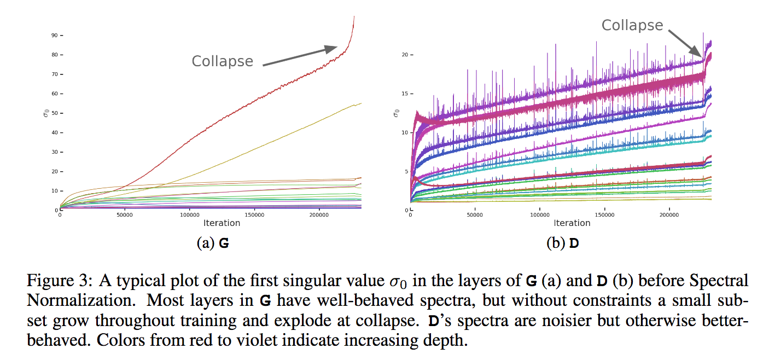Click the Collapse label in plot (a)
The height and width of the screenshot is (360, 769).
[222, 61]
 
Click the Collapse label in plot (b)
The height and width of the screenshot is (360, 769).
[632, 25]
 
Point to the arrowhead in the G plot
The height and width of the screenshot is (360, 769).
[331, 48]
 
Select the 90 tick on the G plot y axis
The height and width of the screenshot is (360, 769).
[55, 36]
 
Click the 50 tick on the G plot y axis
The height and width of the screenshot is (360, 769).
[55, 113]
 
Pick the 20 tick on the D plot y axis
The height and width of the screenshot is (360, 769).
[405, 55]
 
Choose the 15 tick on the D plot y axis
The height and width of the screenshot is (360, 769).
[405, 94]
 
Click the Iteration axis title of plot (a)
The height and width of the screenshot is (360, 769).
[222, 223]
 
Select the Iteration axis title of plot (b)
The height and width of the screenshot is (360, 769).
[572, 223]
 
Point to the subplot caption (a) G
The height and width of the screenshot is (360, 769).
[212, 244]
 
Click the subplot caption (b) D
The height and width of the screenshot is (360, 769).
[562, 244]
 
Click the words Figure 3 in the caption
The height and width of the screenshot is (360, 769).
[55, 281]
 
